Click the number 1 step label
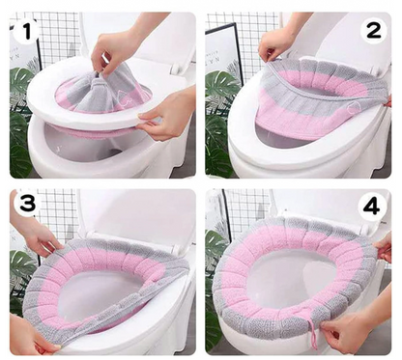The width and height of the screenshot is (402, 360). (27, 31)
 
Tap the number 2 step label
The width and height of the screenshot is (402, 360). (374, 31)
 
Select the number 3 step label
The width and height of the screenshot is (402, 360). (27, 204)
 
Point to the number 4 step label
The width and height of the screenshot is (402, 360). (371, 206)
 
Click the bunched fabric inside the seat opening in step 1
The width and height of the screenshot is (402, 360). (103, 90)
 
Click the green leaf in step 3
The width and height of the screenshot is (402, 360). (22, 263)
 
